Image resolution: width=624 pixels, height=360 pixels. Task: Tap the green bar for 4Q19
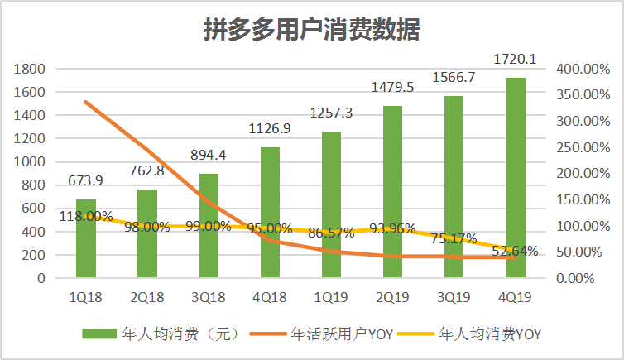(515, 178)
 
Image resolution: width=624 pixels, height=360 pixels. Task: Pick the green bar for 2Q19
(392, 192)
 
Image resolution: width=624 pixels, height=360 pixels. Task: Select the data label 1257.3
(331, 113)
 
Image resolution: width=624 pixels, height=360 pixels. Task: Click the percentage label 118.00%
(85, 216)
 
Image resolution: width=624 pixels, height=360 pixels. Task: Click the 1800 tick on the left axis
(29, 69)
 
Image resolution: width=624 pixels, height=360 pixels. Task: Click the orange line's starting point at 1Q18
(86, 102)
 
